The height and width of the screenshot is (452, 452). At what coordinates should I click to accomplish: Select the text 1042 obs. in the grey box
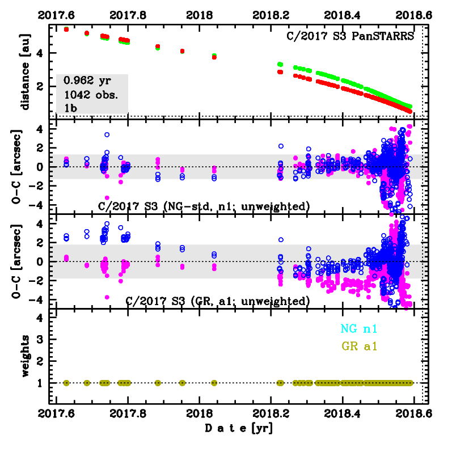point(91,95)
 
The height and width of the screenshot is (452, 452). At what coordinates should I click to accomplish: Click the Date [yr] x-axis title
point(239,429)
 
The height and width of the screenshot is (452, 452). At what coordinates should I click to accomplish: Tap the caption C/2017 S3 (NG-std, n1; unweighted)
point(204,206)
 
